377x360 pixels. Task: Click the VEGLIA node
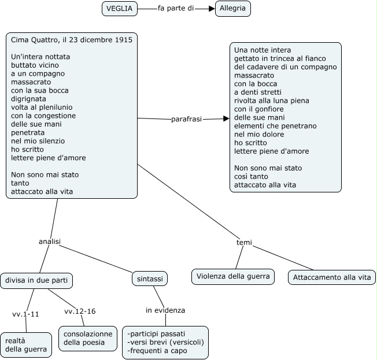tap(120, 9)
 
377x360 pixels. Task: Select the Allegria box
tap(233, 9)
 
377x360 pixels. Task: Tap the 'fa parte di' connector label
tap(176, 8)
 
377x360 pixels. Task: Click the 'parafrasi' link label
tap(186, 119)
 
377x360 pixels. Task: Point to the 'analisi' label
tap(50, 242)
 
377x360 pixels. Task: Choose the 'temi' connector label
tap(244, 243)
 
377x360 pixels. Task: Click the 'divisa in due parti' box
tap(36, 280)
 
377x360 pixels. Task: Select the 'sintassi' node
tap(150, 279)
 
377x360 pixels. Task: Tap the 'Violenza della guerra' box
tap(233, 277)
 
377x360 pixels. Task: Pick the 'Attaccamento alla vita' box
tap(332, 277)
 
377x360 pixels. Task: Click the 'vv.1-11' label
tap(25, 314)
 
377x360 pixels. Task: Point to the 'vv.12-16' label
tap(80, 311)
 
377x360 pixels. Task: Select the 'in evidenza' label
tap(165, 310)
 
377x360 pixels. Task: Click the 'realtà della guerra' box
tap(26, 345)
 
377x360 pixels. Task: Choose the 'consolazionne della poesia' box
tap(88, 338)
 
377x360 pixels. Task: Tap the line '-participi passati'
tap(156, 334)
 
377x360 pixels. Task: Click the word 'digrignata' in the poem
tap(28, 99)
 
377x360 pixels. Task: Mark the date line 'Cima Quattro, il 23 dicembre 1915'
tap(72, 40)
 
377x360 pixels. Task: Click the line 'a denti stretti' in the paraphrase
tap(258, 92)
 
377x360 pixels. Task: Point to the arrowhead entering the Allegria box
tap(212, 9)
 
